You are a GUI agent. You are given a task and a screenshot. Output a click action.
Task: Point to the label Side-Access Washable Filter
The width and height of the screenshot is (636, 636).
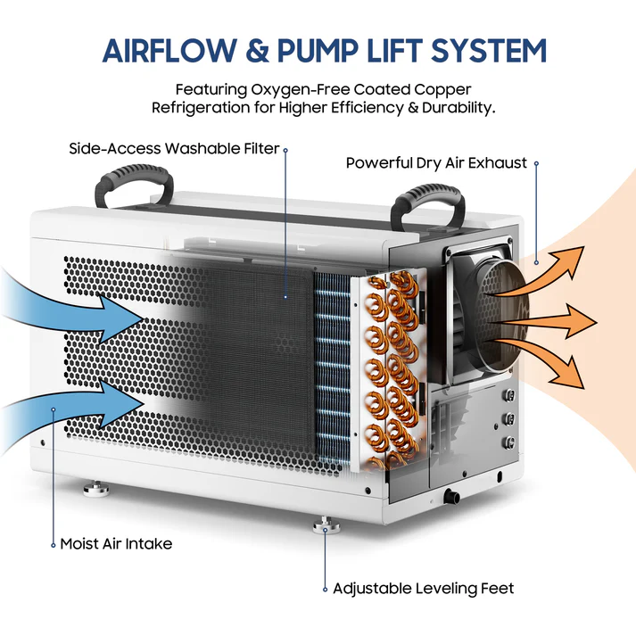[175, 148]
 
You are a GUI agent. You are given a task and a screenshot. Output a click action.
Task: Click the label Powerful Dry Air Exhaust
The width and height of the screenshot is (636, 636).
[436, 163]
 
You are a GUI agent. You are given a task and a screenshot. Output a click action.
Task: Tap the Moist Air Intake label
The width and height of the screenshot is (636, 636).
[116, 543]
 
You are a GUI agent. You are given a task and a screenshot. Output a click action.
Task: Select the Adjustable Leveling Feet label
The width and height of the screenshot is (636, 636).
[423, 589]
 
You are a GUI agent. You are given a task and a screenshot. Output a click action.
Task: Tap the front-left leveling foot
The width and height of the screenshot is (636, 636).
[93, 489]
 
